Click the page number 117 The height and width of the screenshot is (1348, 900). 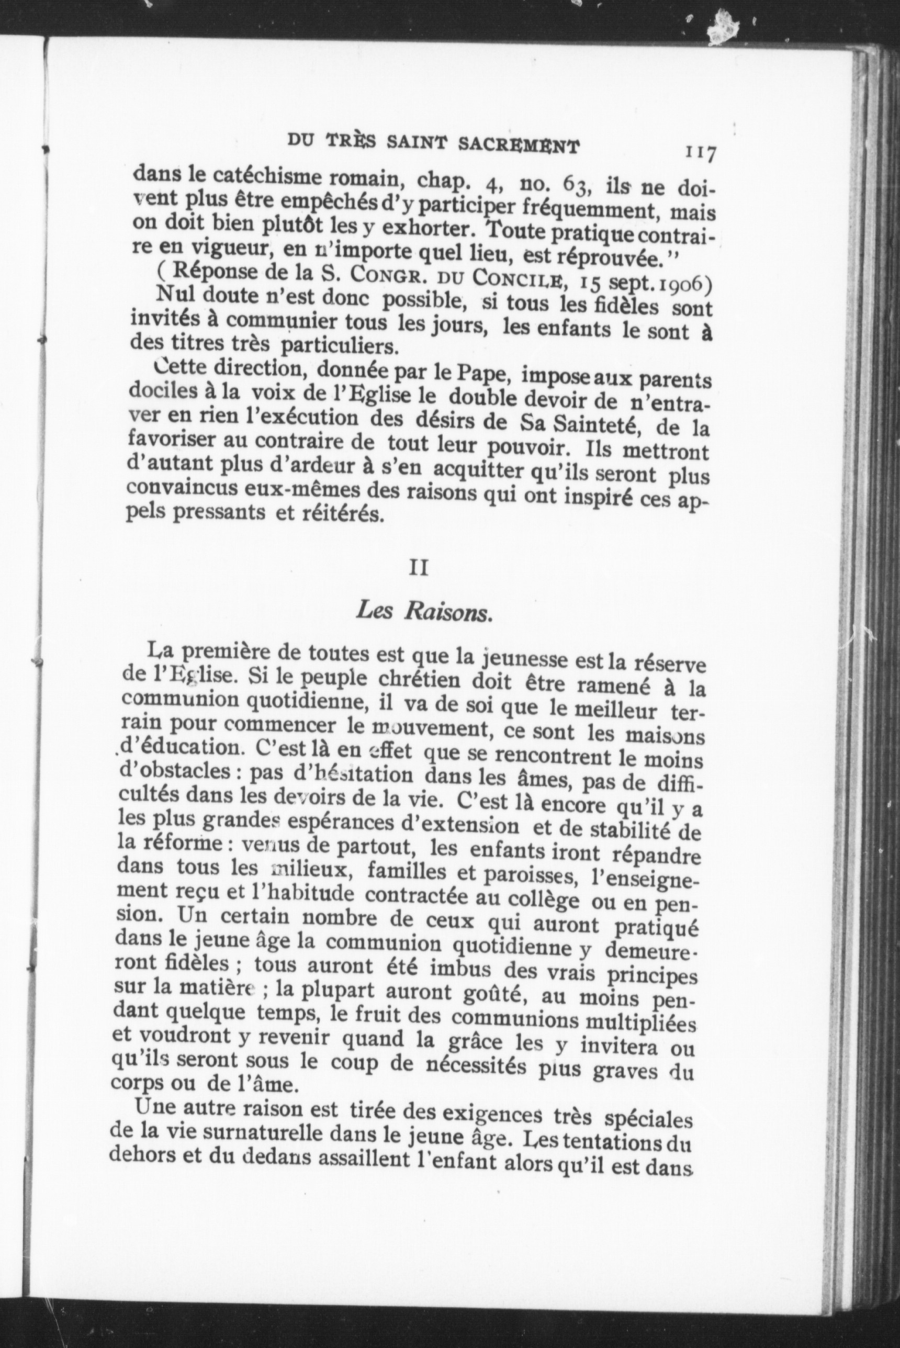pos(699,154)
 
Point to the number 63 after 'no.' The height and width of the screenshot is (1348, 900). pos(576,185)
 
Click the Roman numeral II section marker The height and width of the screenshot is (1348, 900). pos(419,569)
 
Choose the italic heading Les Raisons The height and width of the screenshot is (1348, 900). pos(424,612)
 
